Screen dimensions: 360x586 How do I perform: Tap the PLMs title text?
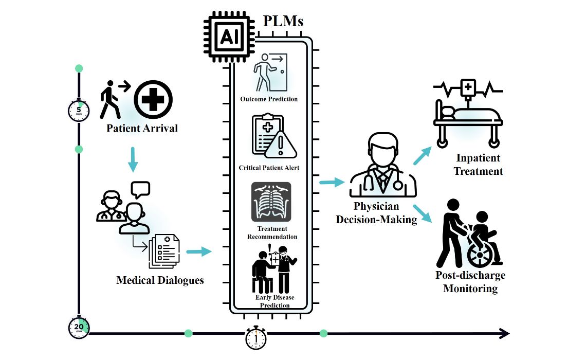(x=283, y=21)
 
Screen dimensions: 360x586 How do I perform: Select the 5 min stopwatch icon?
(x=79, y=110)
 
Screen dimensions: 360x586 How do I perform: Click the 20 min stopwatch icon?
(x=79, y=328)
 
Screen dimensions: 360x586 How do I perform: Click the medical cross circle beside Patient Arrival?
(x=153, y=99)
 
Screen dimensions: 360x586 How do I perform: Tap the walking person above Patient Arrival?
(x=111, y=99)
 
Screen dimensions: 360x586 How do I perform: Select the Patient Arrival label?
(x=142, y=128)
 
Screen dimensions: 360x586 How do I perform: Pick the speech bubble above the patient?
(x=140, y=189)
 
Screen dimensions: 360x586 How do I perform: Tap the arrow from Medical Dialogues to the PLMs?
(x=198, y=251)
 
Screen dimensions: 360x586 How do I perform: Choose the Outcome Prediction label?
(x=269, y=99)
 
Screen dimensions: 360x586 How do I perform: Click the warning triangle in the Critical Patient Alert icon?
(x=281, y=145)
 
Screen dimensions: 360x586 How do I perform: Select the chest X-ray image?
(x=271, y=202)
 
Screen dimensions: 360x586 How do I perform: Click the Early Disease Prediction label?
(x=274, y=301)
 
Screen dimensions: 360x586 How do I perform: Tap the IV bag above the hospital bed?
(x=467, y=88)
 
